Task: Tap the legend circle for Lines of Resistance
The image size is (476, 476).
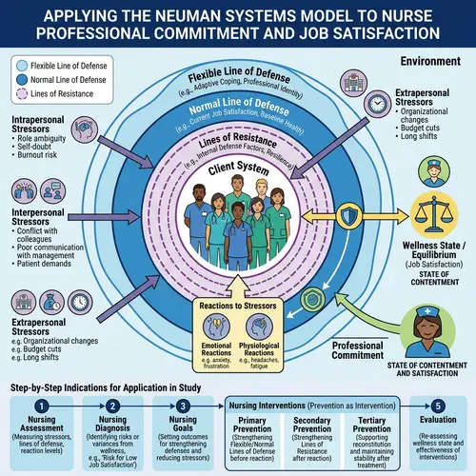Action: tap(21, 96)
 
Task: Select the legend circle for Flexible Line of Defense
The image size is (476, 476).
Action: tap(21, 65)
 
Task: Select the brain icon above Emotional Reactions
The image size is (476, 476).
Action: tap(210, 329)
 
